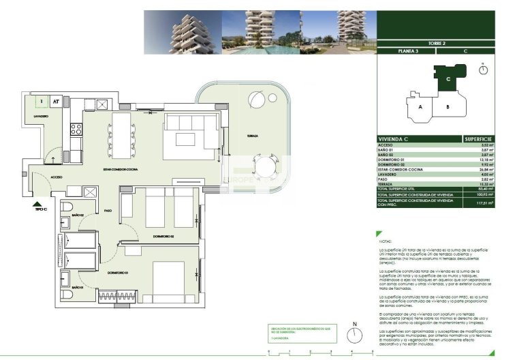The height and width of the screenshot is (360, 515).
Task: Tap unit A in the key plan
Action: pos(420,107)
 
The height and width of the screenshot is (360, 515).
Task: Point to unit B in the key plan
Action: pos(447,107)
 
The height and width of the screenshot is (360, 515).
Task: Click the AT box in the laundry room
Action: pos(57,102)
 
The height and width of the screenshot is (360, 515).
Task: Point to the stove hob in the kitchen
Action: pos(76,127)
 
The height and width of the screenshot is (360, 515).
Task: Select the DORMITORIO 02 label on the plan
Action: pos(163,236)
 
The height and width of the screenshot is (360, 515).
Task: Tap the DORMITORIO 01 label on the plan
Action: pos(118,273)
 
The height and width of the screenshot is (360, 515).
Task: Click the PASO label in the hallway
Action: pos(108,211)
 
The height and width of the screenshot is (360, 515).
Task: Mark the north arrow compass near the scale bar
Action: pos(354,335)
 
